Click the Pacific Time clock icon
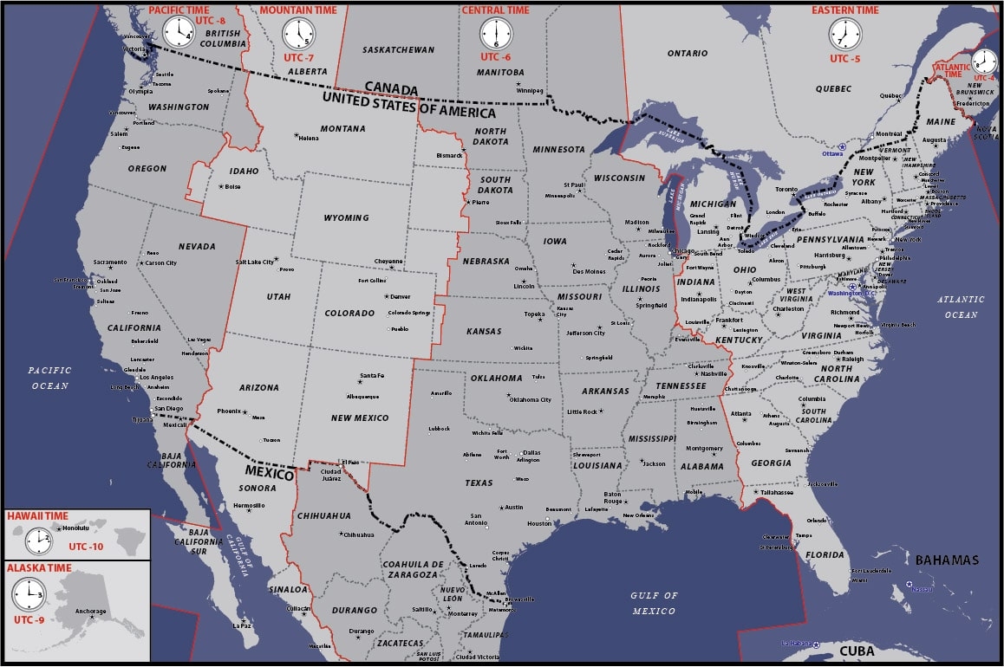point(179,33)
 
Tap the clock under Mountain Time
point(298,35)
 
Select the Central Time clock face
point(496,35)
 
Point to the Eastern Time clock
point(844,36)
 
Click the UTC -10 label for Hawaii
point(85,547)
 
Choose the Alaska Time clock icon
point(28,594)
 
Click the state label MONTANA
point(342,129)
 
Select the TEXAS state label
point(478,482)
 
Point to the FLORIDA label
point(824,555)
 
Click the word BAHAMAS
point(947,560)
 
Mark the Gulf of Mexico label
point(655,603)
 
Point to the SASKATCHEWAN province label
point(398,50)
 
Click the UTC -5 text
point(844,59)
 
